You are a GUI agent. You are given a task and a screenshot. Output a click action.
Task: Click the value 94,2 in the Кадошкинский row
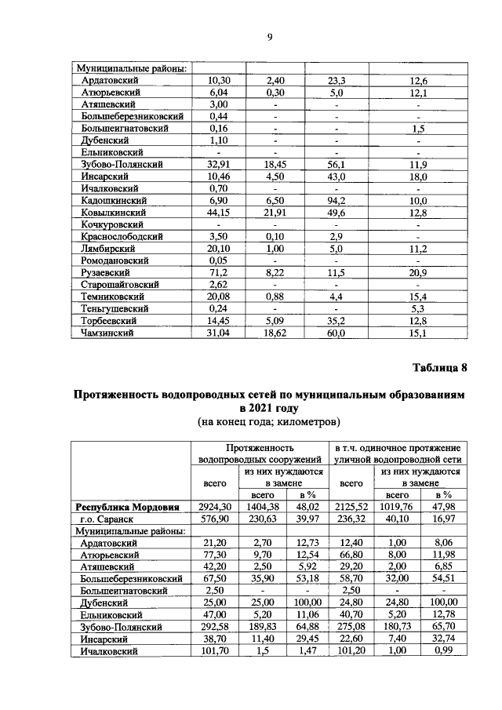(336, 201)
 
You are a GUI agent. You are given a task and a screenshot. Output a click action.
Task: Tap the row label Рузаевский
(104, 271)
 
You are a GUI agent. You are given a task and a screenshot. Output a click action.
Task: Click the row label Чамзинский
(107, 333)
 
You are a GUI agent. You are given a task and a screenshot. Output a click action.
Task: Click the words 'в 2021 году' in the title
(270, 408)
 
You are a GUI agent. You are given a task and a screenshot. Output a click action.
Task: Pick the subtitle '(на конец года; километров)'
(270, 423)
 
